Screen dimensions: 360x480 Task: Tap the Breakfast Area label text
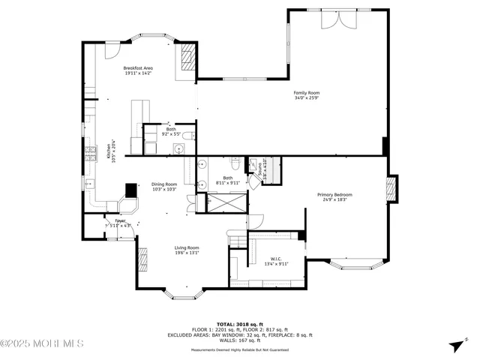(138, 70)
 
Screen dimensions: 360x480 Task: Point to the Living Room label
(187, 250)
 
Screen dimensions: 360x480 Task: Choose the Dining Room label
(164, 187)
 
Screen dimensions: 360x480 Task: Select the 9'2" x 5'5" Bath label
(171, 132)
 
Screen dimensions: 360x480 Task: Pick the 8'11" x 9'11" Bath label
(227, 180)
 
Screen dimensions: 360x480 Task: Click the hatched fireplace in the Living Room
(142, 257)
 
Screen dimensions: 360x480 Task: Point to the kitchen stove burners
(91, 155)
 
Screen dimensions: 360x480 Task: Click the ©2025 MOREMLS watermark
(42, 344)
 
